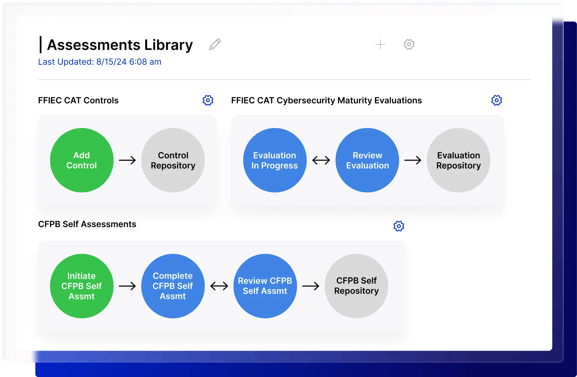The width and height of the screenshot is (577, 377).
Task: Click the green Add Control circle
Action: click(x=82, y=160)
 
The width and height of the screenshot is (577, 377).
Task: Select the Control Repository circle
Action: click(x=173, y=160)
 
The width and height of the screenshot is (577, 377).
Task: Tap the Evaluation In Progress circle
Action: click(x=274, y=160)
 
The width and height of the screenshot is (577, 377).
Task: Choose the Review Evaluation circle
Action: click(x=367, y=160)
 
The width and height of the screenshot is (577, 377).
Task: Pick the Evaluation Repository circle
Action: click(x=458, y=160)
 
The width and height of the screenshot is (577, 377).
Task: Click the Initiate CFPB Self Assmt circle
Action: click(x=82, y=286)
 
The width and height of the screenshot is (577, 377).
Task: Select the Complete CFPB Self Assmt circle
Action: click(x=173, y=286)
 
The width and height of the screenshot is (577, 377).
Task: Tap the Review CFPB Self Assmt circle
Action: click(x=265, y=286)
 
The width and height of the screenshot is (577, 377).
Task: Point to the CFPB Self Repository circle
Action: click(x=356, y=286)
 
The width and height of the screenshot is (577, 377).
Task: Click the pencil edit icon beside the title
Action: click(x=215, y=44)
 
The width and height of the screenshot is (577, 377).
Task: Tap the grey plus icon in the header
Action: click(x=380, y=44)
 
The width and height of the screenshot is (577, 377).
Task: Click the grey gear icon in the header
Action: click(x=409, y=44)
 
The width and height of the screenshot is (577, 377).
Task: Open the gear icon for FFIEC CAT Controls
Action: click(x=208, y=100)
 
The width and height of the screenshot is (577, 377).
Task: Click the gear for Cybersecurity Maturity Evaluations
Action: click(x=496, y=100)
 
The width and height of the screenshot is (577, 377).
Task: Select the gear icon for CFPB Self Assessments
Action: click(x=399, y=226)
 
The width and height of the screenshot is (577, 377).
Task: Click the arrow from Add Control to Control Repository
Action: click(x=127, y=160)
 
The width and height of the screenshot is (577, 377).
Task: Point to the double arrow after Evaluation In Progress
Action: click(x=321, y=160)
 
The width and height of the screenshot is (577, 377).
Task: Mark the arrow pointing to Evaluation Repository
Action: click(x=413, y=160)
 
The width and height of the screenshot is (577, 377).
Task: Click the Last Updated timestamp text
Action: click(x=100, y=62)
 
